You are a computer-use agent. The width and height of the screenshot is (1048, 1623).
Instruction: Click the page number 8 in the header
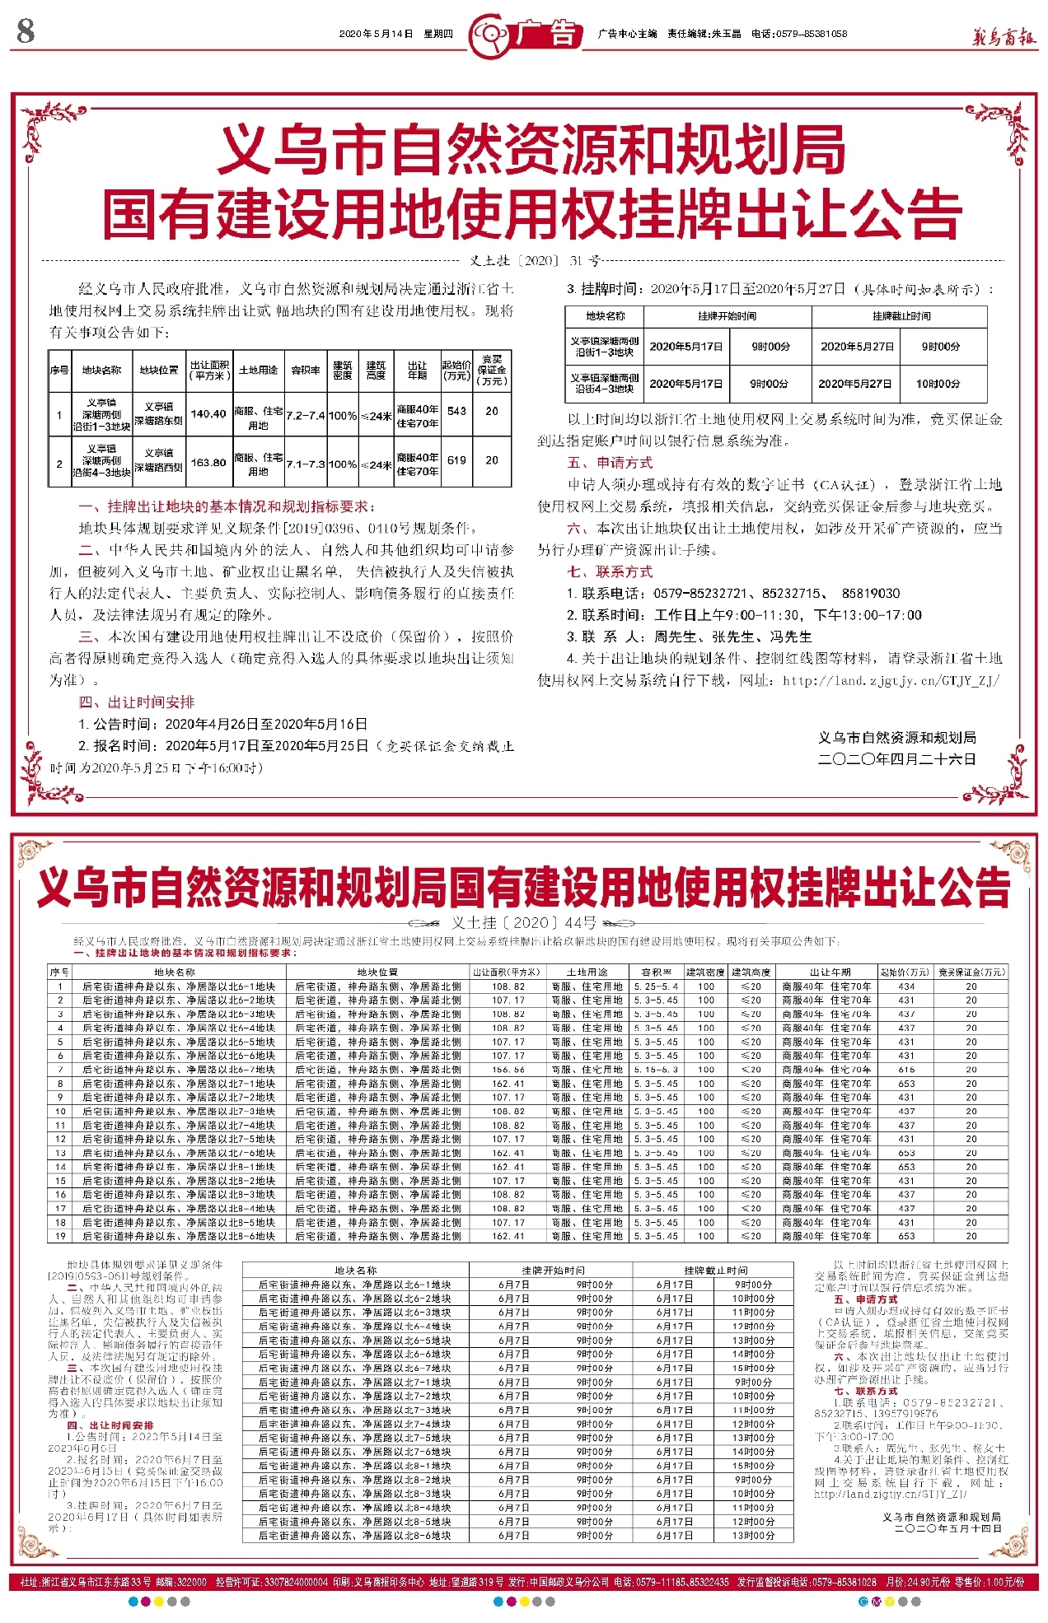26,32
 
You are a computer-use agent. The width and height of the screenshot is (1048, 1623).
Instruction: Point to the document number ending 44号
524,922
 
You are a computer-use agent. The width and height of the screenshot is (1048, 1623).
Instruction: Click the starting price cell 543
457,411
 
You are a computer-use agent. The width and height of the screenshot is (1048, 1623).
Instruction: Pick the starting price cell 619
457,460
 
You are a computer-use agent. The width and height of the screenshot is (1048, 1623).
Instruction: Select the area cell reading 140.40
208,413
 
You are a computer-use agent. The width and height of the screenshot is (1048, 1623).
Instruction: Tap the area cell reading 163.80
208,462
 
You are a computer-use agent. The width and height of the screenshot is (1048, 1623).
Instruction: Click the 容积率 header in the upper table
306,371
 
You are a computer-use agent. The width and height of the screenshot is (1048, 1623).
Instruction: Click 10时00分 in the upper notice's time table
938,384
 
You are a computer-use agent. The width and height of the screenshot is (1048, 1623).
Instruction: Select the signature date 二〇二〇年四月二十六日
896,759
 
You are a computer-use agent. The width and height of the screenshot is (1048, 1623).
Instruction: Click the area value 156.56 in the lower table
508,1070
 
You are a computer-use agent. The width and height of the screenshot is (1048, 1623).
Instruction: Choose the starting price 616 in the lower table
906,1070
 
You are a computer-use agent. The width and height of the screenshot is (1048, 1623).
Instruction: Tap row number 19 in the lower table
60,1236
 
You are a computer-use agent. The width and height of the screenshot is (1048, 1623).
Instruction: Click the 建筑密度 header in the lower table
706,972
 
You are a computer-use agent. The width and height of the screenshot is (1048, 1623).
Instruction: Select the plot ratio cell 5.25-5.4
656,986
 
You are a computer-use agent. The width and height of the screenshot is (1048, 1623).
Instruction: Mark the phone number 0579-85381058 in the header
811,34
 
